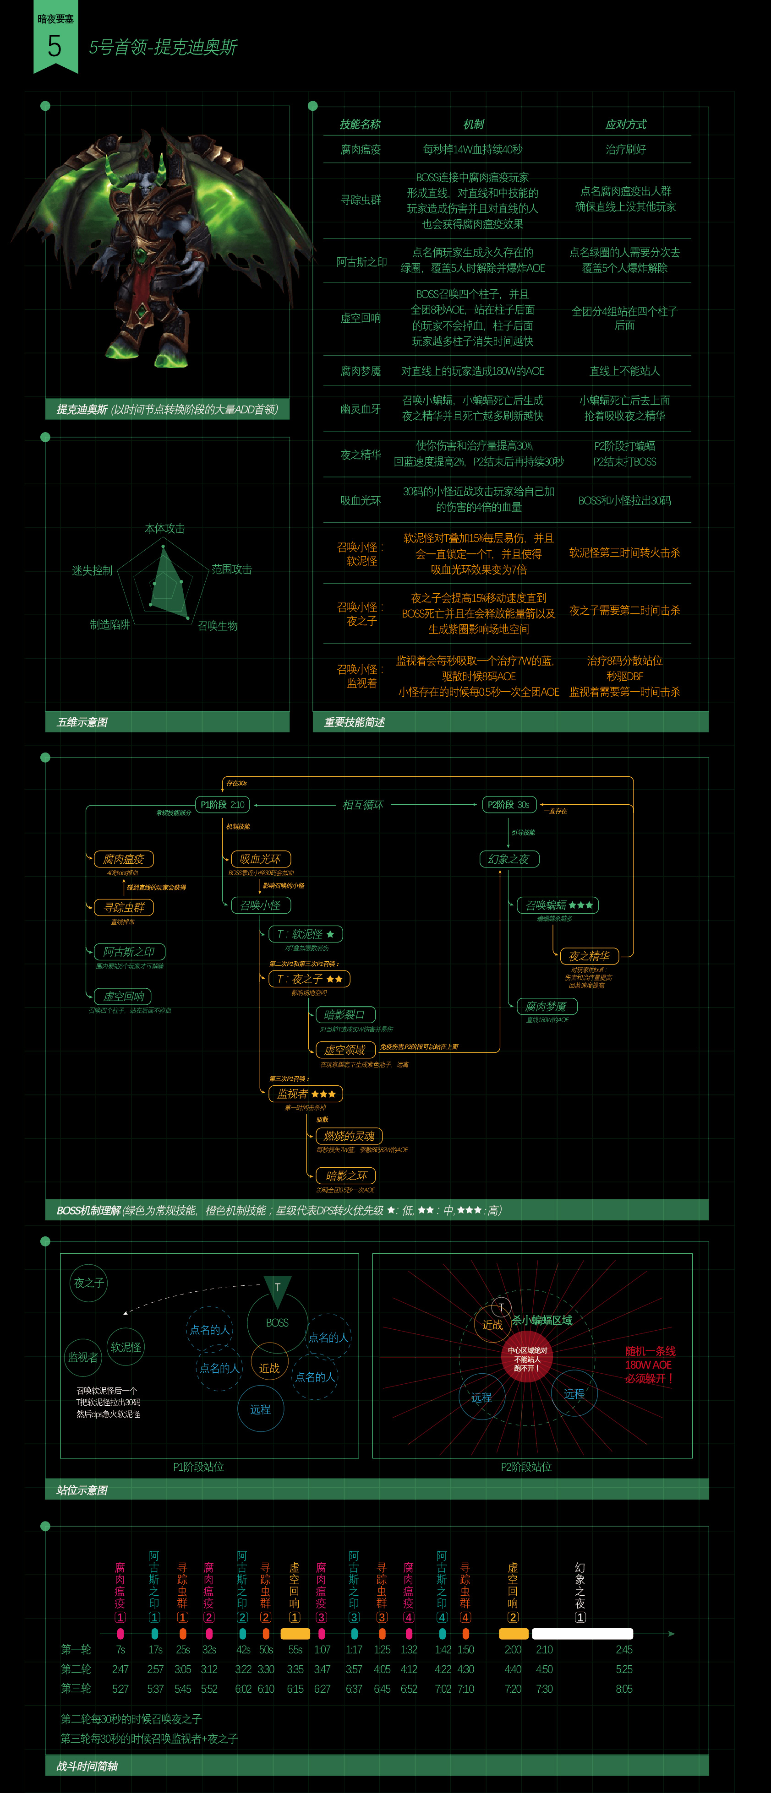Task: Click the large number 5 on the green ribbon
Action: [55, 47]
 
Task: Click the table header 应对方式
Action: [625, 125]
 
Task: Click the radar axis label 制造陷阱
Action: [109, 625]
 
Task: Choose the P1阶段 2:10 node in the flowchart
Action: [222, 805]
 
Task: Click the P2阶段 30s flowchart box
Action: [509, 805]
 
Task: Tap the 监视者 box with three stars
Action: [306, 1094]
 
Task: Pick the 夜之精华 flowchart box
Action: [589, 956]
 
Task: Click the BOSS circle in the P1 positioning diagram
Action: [277, 1322]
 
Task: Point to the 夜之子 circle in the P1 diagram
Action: [89, 1283]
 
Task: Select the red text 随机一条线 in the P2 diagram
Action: [650, 1351]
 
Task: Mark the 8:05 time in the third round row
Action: [624, 1689]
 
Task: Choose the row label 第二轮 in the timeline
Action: [76, 1669]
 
